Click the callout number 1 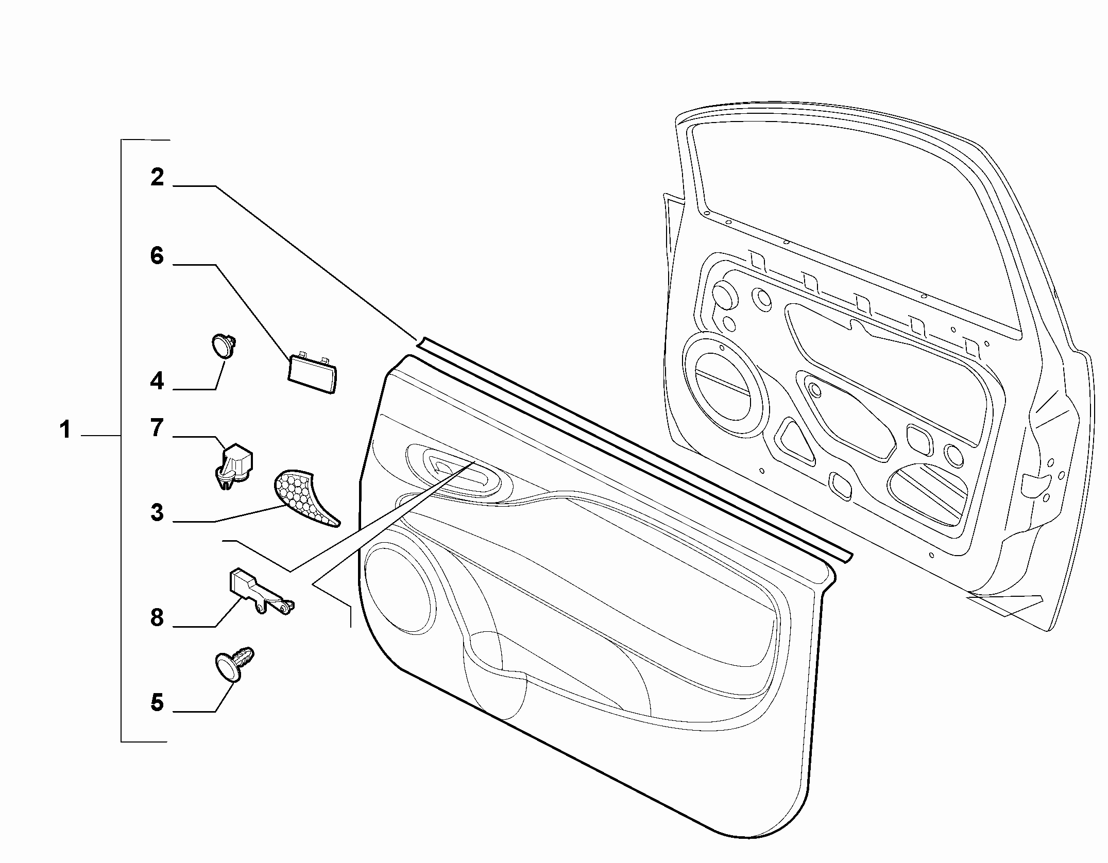tap(65, 429)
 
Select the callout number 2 tap(157, 177)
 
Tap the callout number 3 tap(157, 513)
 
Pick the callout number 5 tap(157, 702)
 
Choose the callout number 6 tap(157, 256)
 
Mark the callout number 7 tap(157, 428)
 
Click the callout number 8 tap(157, 617)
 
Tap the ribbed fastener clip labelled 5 tap(233, 664)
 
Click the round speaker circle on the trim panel tap(397, 588)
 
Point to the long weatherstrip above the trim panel tap(634, 448)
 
